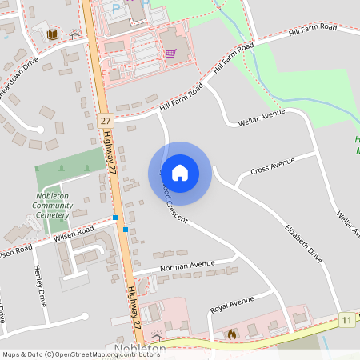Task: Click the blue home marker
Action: tap(180, 172)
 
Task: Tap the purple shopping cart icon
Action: tap(170, 54)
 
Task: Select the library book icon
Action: tap(53, 34)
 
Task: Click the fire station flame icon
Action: tap(232, 334)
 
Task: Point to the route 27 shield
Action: tap(105, 120)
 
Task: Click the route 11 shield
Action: tap(346, 318)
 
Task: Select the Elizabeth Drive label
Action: tap(303, 243)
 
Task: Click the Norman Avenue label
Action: tap(187, 265)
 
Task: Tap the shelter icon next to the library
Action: tap(74, 35)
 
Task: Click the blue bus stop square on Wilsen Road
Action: tap(115, 218)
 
